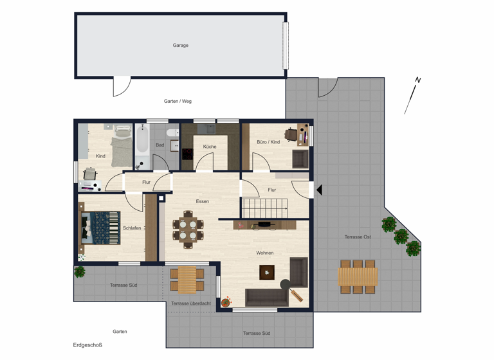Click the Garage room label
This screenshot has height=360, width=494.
point(180,46)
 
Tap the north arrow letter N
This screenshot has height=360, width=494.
point(417,80)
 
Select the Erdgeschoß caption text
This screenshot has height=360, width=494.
point(87,345)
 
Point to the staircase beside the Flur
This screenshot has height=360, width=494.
point(264,208)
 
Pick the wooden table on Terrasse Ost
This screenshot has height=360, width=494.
point(358,276)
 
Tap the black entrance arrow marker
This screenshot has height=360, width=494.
point(318,190)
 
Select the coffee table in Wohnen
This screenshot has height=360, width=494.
point(267,273)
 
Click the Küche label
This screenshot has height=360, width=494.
point(210,147)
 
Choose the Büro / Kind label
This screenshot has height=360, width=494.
point(268,141)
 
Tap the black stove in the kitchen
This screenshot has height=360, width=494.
point(187,154)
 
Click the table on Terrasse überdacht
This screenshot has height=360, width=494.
point(187,280)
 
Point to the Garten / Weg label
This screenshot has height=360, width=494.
point(178,101)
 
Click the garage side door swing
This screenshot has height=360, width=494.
point(121,86)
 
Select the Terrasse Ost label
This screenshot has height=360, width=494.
point(358,237)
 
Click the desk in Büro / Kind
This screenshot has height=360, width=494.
point(293,135)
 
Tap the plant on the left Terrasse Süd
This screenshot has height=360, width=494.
point(80,272)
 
